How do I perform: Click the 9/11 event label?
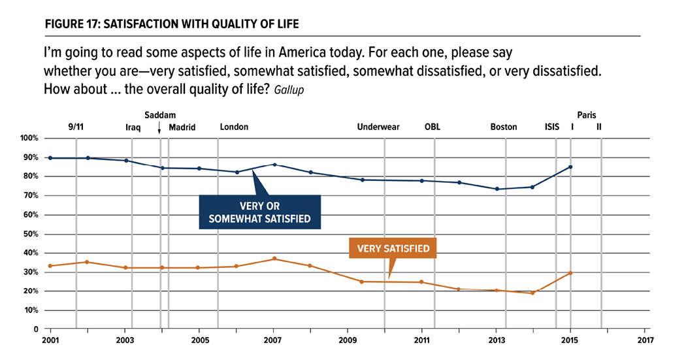coord(76,127)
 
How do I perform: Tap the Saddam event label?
coord(160,115)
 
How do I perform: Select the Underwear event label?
coord(378,127)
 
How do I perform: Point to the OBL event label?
coord(433,127)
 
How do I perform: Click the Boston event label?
coord(504,127)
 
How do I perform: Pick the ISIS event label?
coord(552,127)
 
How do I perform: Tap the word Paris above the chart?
coord(587,115)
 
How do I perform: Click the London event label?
coord(234,127)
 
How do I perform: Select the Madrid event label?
coord(182,127)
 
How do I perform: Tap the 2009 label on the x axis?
coord(348,341)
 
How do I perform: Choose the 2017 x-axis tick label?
coord(645,341)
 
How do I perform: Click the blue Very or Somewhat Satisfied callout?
coord(259,212)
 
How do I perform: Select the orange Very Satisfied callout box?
coord(393,248)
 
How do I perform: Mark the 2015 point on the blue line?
coord(570,167)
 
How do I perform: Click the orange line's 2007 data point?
coord(274,259)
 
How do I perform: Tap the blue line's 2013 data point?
coord(497,189)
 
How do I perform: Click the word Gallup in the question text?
coord(290,90)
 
